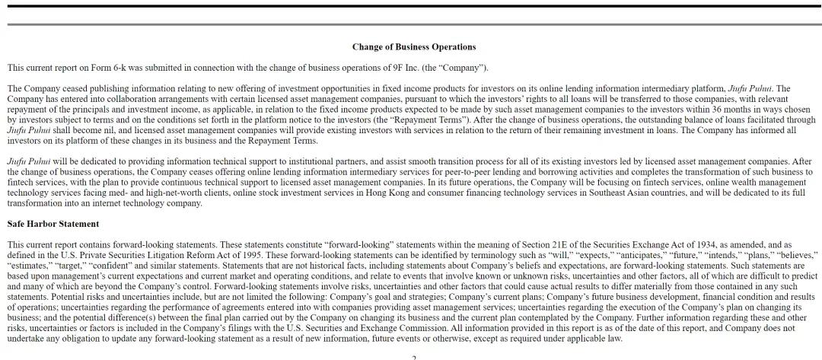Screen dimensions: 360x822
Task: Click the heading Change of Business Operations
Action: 413,47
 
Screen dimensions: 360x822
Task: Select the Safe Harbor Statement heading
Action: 53,224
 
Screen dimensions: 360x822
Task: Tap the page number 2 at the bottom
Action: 414,358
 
